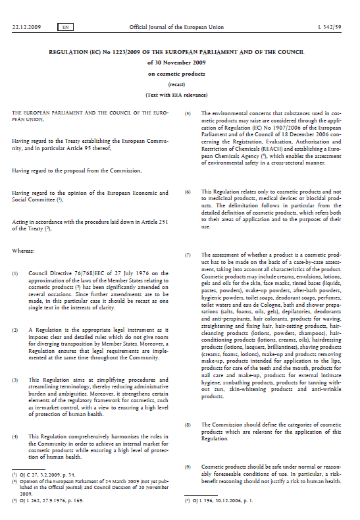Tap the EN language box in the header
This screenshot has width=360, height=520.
pos(66,27)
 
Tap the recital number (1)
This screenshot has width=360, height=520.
pos(16,273)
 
